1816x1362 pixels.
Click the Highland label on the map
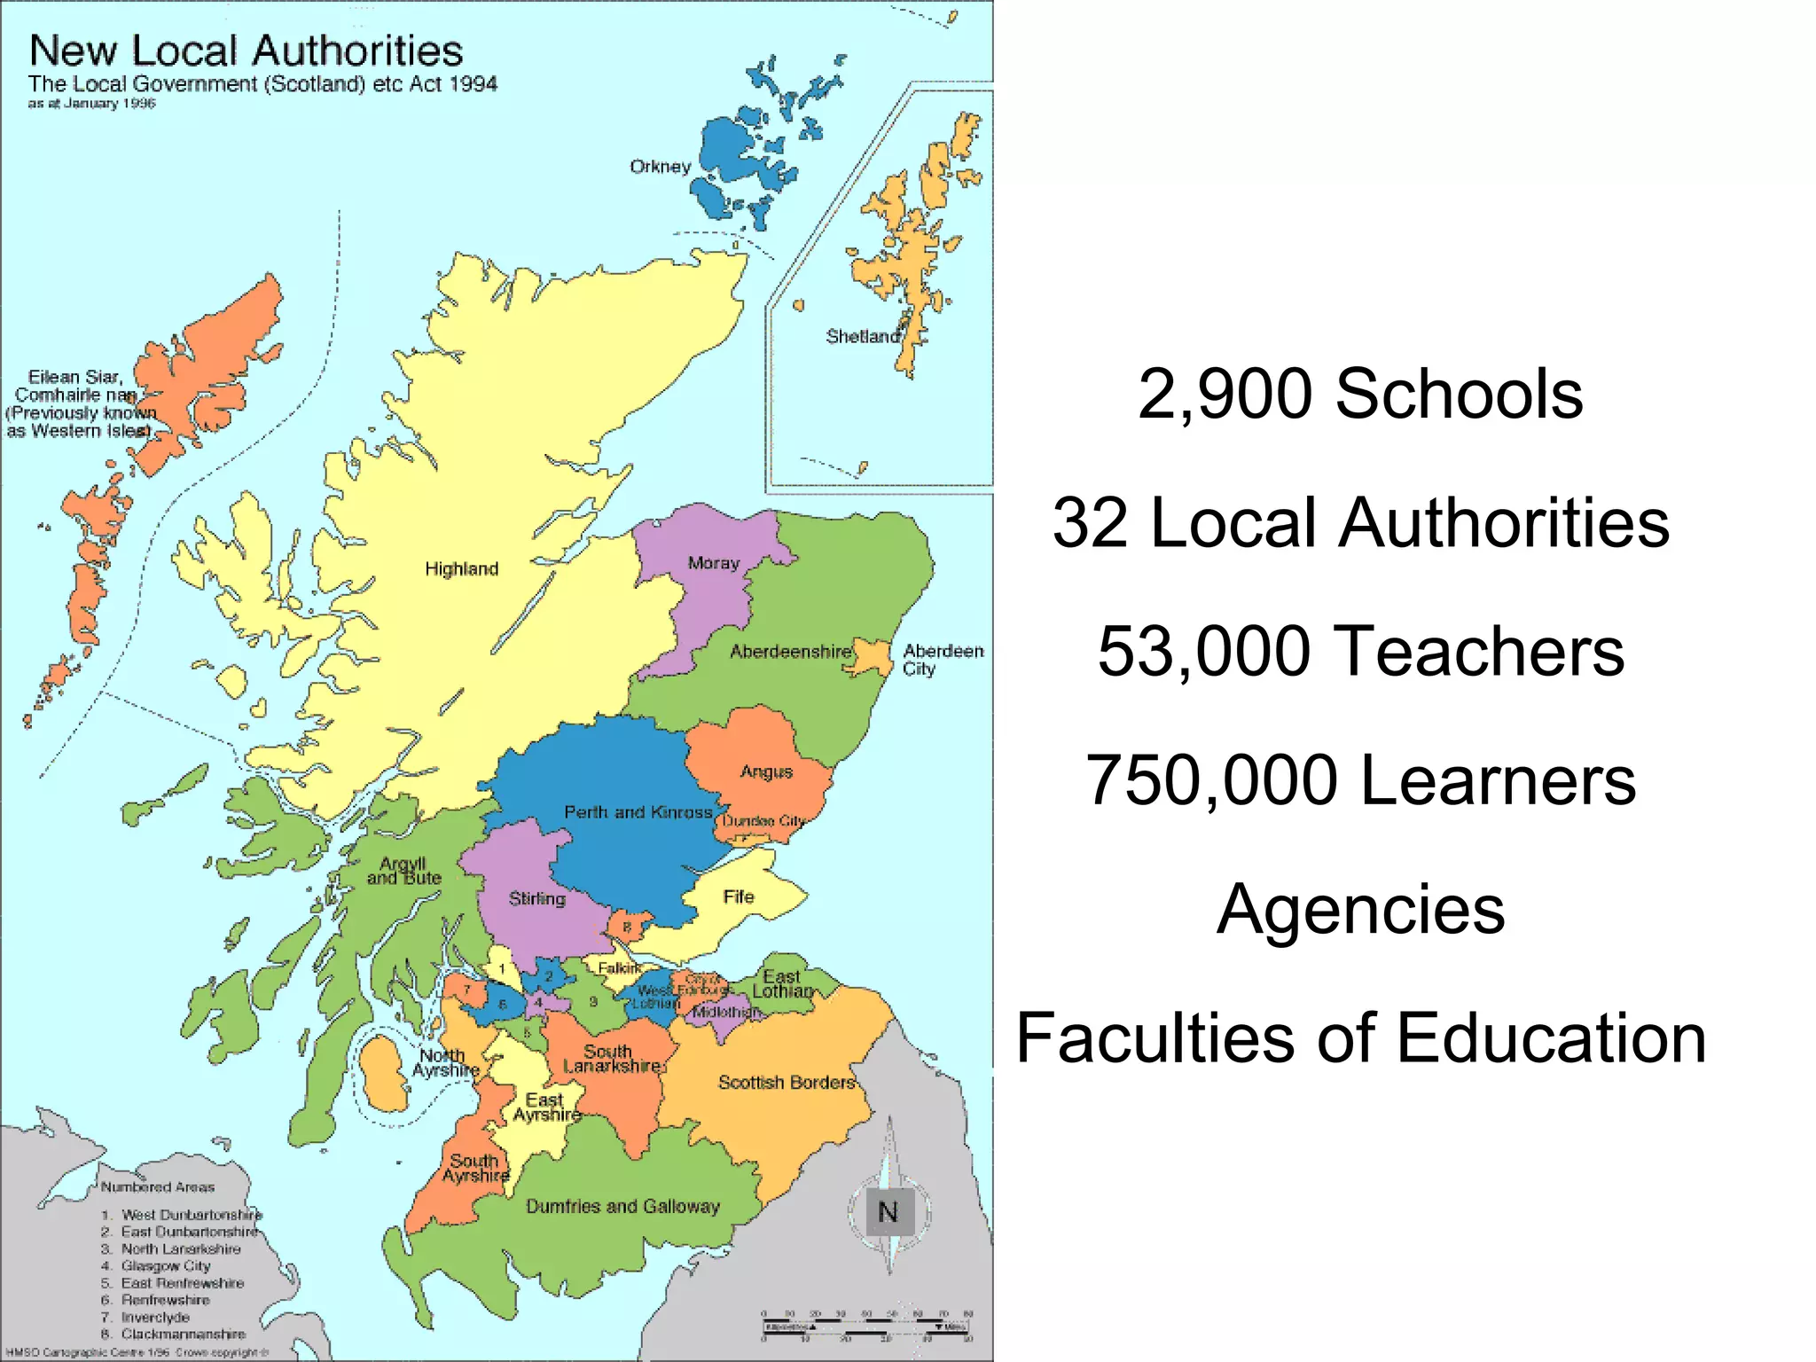tap(461, 568)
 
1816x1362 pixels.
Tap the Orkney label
tap(660, 167)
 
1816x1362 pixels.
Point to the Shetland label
tap(863, 336)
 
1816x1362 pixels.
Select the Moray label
tap(713, 563)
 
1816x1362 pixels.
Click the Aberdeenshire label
tap(790, 652)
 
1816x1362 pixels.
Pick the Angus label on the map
tap(766, 771)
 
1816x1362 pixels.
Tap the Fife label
tap(738, 896)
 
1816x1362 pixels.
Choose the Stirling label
tap(536, 898)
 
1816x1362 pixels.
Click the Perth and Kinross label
tap(638, 812)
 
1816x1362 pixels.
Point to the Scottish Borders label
tap(786, 1082)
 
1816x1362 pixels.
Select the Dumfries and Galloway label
tap(622, 1206)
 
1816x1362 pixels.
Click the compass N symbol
tap(888, 1211)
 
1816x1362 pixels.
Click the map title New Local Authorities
tap(246, 51)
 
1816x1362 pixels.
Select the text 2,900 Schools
tap(1360, 394)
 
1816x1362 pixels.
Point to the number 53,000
tap(1204, 651)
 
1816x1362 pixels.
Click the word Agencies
tap(1360, 909)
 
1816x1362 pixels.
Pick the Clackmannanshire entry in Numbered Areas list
tap(183, 1334)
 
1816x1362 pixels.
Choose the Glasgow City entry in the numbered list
tap(165, 1265)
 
